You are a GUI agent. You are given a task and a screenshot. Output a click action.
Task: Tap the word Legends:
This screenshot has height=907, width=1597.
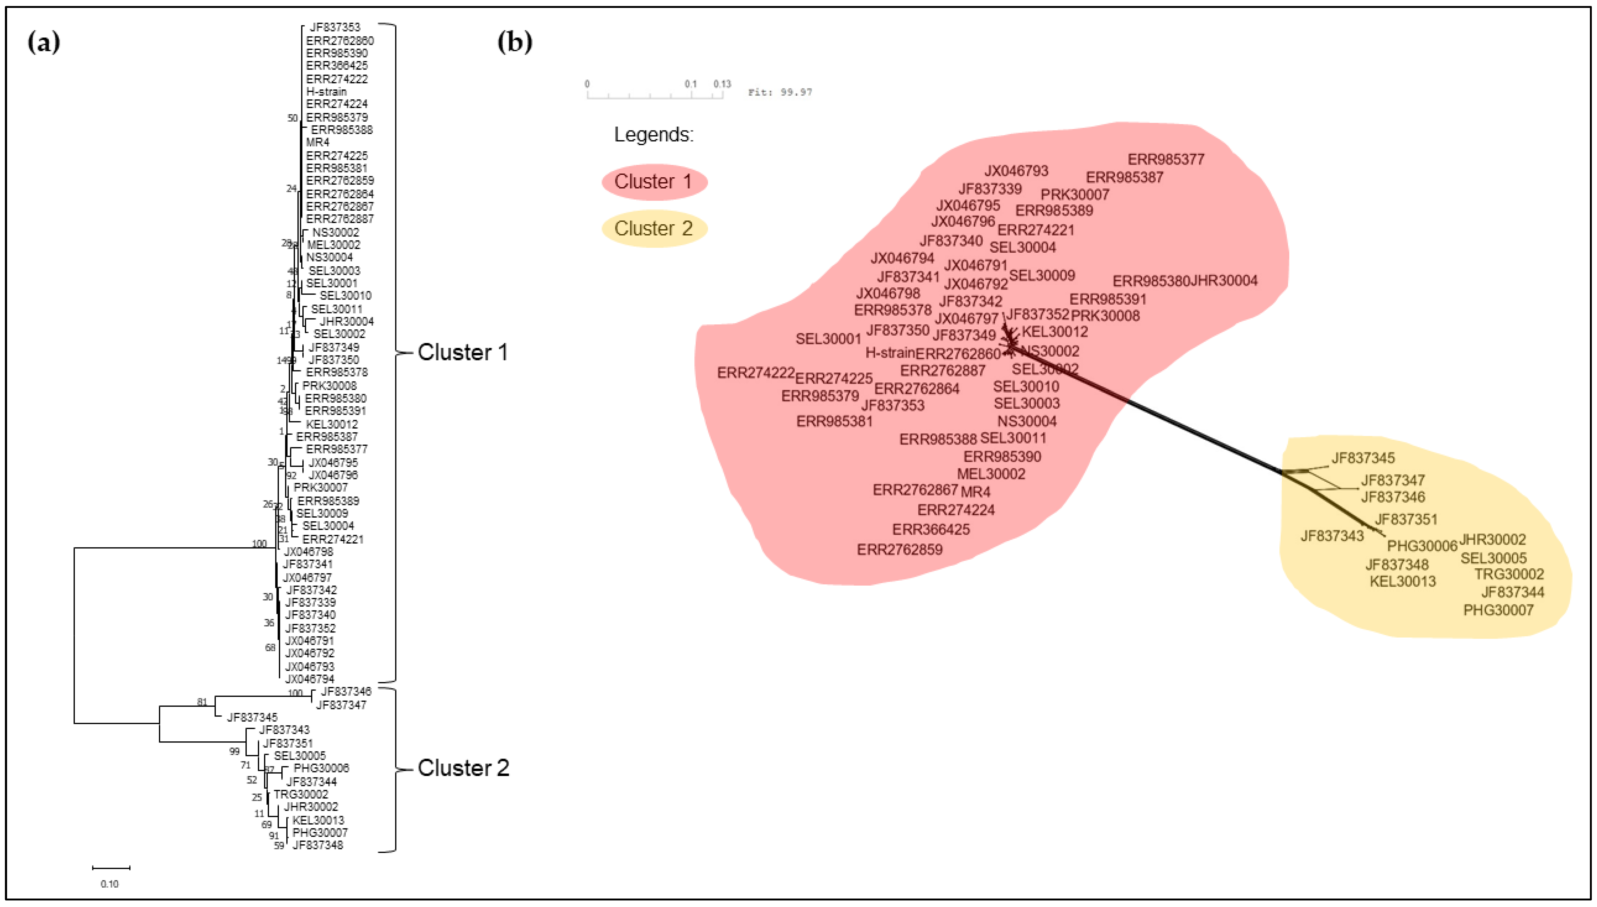point(654,135)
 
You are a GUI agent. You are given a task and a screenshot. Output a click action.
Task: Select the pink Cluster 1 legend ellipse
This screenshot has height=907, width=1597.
point(654,182)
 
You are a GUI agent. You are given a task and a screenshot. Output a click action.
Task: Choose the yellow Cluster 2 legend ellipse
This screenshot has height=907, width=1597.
point(654,229)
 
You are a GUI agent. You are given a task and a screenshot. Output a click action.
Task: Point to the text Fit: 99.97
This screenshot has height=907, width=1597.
point(780,92)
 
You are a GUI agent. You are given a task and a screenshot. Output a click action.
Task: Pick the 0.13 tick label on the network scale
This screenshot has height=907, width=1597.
point(722,83)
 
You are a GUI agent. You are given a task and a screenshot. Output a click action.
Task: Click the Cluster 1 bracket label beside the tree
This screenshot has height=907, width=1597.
point(462,353)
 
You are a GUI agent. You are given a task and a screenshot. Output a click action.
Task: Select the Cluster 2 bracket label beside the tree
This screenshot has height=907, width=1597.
point(463,768)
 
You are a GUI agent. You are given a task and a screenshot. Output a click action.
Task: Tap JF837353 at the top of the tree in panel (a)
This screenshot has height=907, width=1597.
point(335,27)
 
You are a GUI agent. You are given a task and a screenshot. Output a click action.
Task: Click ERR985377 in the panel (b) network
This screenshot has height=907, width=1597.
point(1166,159)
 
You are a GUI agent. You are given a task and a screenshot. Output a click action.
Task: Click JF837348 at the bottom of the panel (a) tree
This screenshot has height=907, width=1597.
point(318,845)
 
